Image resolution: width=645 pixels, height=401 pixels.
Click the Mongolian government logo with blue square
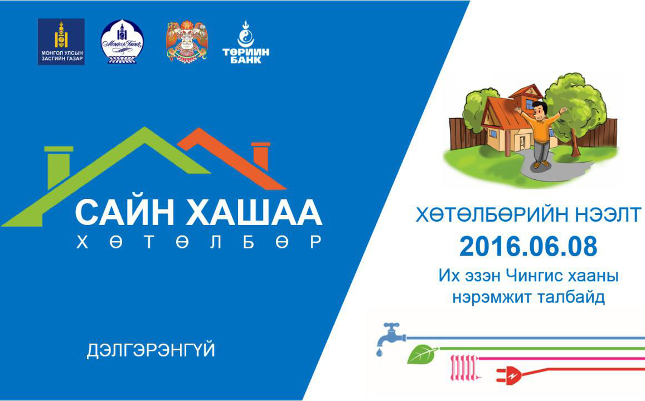point(61,42)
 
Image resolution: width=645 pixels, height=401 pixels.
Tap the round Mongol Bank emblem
point(122,42)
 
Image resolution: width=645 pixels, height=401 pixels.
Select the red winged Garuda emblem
point(186,41)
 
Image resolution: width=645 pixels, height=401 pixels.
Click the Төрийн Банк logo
point(246,42)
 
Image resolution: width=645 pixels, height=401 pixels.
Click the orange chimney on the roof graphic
point(260,155)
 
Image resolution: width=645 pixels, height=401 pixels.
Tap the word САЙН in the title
point(124,212)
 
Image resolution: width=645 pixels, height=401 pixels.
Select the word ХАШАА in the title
point(254,212)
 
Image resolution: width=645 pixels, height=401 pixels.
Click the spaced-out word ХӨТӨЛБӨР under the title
point(198,242)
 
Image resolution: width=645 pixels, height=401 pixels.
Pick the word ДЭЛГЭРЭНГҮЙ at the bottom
point(151,350)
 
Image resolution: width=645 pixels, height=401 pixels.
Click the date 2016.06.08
point(528,247)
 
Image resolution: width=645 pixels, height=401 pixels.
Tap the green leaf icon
point(422,355)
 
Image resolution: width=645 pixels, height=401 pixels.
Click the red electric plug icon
point(509,375)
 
